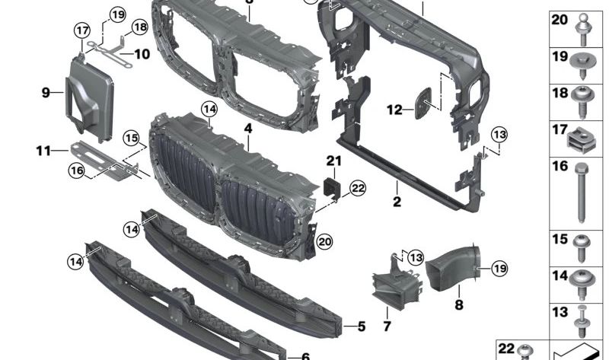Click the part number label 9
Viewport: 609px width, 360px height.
pyautogui.click(x=46, y=93)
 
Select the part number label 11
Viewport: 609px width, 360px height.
pyautogui.click(x=43, y=151)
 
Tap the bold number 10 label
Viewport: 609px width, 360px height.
pyautogui.click(x=142, y=54)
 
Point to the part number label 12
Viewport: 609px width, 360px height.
pyautogui.click(x=394, y=110)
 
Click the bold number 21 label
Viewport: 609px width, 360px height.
pyautogui.click(x=333, y=161)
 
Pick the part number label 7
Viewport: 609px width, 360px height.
pyautogui.click(x=387, y=327)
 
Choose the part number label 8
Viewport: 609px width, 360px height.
pyautogui.click(x=459, y=304)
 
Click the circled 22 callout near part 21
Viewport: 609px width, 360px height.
pyautogui.click(x=358, y=188)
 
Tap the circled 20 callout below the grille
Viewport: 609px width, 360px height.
pyautogui.click(x=324, y=242)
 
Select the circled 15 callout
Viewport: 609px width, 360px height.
pyautogui.click(x=131, y=139)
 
